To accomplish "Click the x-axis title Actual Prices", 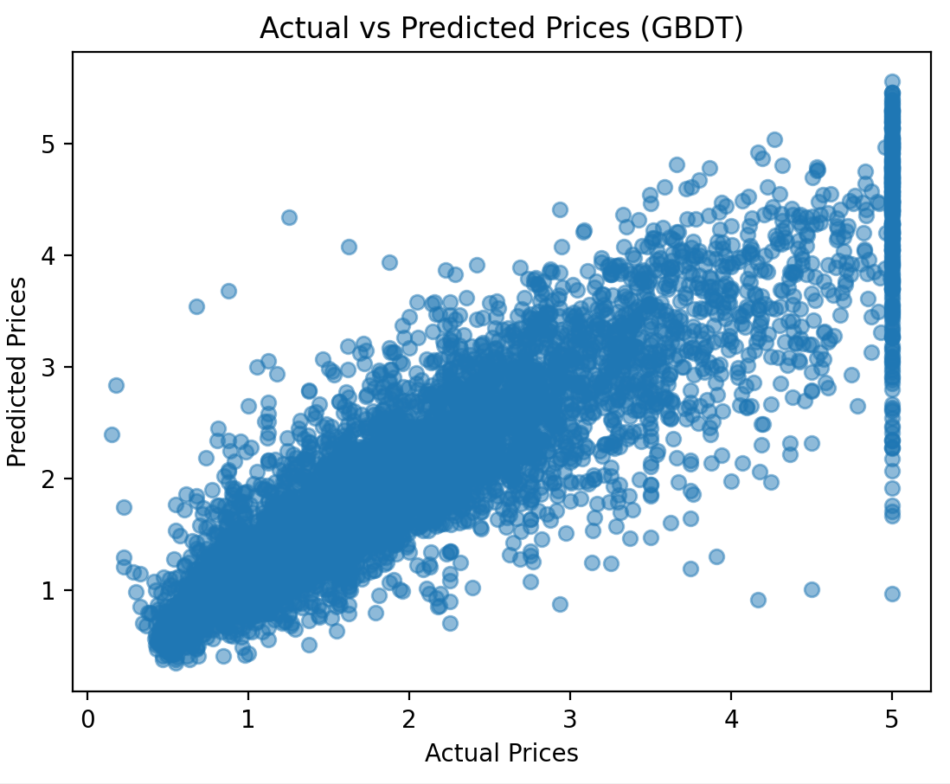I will click(x=501, y=753).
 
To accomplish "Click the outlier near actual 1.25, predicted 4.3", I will click(x=289, y=217).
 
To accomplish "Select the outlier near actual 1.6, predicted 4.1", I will click(x=349, y=247).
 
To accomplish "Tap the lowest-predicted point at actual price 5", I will click(x=892, y=594).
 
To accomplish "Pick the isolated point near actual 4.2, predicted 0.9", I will click(x=758, y=600).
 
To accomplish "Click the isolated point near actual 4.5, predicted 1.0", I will click(x=812, y=589).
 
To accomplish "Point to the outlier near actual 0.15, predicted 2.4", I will click(x=112, y=434).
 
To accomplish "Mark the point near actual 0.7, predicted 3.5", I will click(x=196, y=306).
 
